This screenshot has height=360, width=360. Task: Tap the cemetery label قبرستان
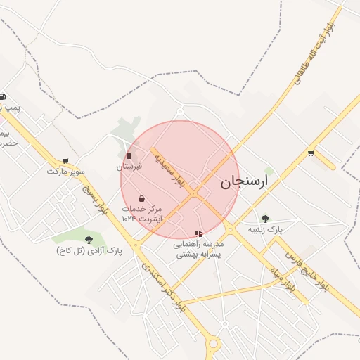pos(129,167)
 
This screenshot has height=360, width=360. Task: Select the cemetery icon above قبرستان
pos(129,156)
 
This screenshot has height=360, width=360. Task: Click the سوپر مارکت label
pos(66,171)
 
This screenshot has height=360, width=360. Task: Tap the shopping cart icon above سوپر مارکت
pos(66,161)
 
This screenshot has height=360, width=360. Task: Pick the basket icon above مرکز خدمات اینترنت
pos(142,198)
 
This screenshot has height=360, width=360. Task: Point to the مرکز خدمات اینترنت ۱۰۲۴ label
pos(142,214)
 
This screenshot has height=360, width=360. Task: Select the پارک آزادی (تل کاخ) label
pos(89,250)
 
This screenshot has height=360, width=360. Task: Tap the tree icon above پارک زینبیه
pos(265,219)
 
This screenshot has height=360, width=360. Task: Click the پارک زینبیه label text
pos(265,229)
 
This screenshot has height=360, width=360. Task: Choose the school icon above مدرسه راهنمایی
pos(198,233)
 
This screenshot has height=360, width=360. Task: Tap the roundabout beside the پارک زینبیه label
pos(230,229)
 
